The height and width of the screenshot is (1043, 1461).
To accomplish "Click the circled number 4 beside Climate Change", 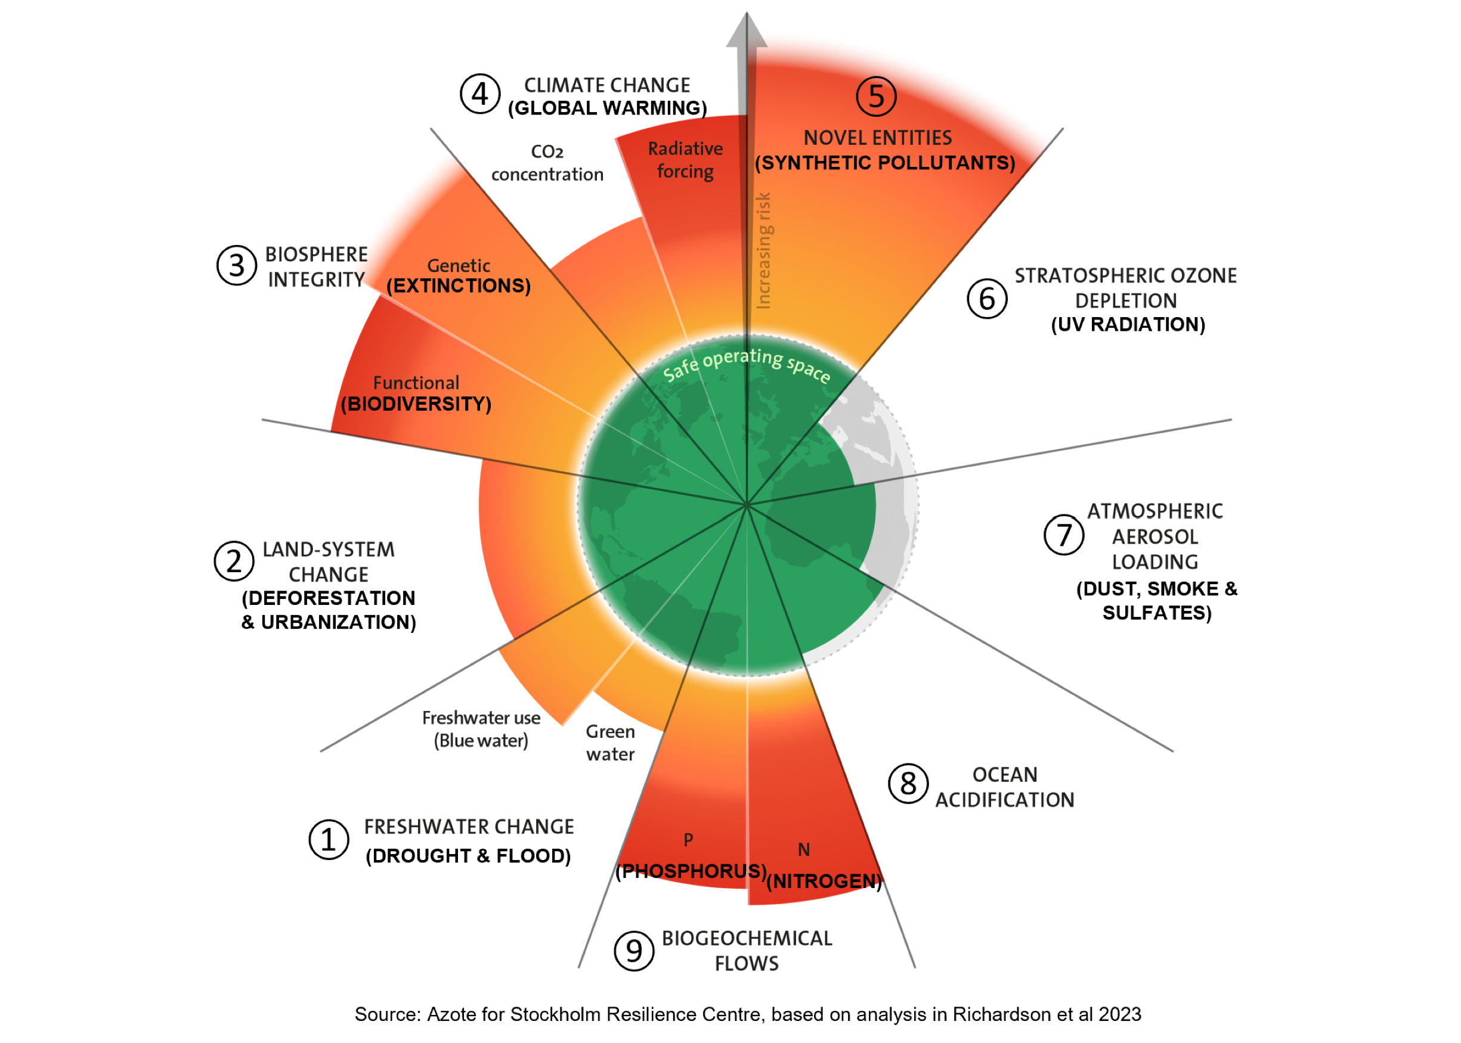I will click(x=480, y=94).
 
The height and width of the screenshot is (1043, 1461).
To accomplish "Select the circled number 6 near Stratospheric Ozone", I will click(x=987, y=299).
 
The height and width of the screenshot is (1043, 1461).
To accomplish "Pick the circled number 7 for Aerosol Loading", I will click(x=1064, y=535).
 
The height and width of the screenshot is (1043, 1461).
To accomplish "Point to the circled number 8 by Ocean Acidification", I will click(x=908, y=784).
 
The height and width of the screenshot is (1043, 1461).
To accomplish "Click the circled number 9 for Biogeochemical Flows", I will click(x=633, y=951).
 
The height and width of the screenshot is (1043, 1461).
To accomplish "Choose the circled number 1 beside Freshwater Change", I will click(x=329, y=839).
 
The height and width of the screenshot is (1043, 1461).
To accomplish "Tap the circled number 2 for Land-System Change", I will click(x=234, y=561).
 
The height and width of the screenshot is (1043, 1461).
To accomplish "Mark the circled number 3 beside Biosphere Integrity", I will click(x=236, y=265).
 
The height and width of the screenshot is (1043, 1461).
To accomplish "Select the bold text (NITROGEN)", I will click(x=824, y=880).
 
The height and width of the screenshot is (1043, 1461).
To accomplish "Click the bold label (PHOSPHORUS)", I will click(x=691, y=871).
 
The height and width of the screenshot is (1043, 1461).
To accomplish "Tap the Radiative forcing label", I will click(x=685, y=160).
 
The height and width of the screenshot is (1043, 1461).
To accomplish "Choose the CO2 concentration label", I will click(x=547, y=163).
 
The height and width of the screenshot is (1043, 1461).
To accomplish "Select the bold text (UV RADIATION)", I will click(x=1128, y=324).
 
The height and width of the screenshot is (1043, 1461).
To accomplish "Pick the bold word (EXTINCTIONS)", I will click(x=459, y=286).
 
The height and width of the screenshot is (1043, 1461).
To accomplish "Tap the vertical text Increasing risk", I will click(x=763, y=250).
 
